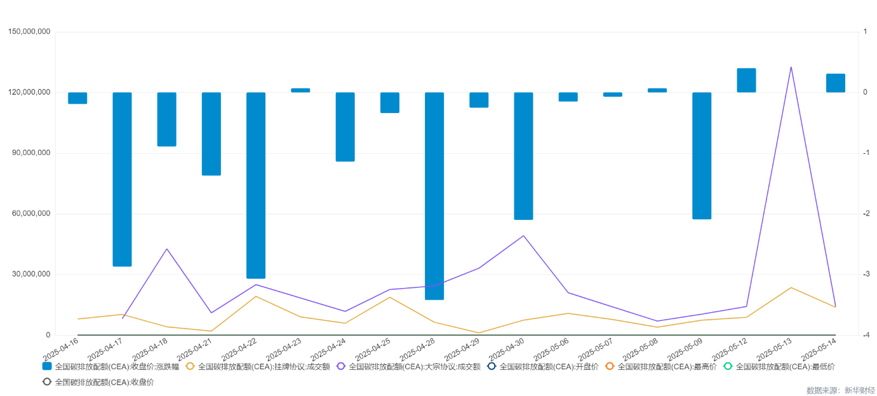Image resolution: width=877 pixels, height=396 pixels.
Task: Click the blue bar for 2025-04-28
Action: pyautogui.click(x=434, y=196)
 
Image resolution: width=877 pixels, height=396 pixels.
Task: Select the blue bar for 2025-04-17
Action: pyautogui.click(x=122, y=179)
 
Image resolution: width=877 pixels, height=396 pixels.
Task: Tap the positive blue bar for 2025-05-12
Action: pyautogui.click(x=746, y=80)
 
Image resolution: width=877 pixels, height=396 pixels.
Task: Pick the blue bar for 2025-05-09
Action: pyautogui.click(x=702, y=156)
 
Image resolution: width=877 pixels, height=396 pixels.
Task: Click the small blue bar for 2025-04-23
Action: pyautogui.click(x=300, y=90)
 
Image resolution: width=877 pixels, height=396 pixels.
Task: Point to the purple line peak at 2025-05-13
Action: pyautogui.click(x=791, y=67)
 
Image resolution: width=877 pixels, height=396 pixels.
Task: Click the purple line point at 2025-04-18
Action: pyautogui.click(x=166, y=249)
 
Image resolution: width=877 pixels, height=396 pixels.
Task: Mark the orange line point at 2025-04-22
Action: pyautogui.click(x=256, y=296)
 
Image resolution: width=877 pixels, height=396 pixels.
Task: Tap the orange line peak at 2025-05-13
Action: pyautogui.click(x=791, y=287)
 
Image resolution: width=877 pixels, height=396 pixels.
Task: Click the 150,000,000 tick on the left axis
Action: pyautogui.click(x=30, y=32)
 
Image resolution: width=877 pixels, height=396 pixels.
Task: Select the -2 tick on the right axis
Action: pyautogui.click(x=864, y=214)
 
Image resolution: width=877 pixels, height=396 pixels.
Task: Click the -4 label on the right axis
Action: pyautogui.click(x=864, y=335)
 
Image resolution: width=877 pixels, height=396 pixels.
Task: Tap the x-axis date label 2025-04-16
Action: pyautogui.click(x=62, y=349)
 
